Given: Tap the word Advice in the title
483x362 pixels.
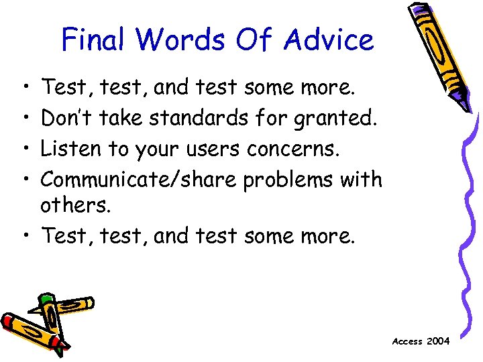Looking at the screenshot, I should click(328, 40).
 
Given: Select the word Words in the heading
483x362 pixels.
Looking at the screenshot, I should click(182, 40).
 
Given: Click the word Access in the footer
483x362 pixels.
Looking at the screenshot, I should click(407, 341).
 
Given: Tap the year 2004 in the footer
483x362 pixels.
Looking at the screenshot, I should click(439, 341).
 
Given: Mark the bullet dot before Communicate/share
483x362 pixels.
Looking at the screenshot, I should click(25, 180).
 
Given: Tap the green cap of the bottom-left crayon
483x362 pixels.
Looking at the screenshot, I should click(46, 299).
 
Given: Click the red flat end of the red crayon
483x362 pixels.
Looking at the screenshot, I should click(8, 322).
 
